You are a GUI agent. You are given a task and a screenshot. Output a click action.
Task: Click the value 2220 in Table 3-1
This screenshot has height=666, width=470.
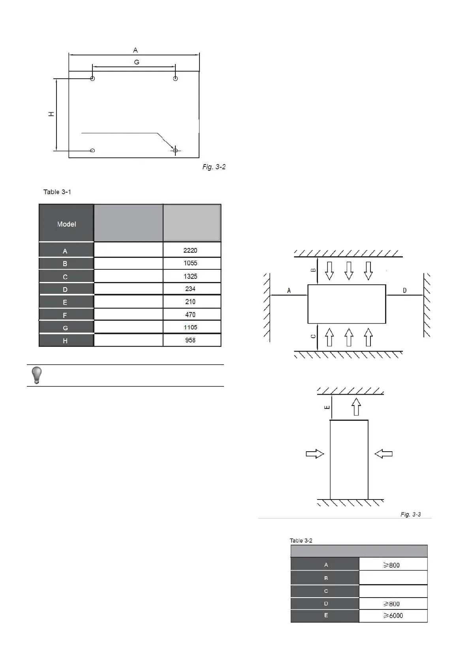[190, 250]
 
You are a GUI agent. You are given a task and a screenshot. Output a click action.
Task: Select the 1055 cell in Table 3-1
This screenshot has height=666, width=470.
[190, 263]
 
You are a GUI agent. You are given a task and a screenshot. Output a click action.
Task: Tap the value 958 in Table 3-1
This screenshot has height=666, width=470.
[190, 340]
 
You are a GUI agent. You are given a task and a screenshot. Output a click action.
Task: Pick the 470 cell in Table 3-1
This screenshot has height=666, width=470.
[190, 314]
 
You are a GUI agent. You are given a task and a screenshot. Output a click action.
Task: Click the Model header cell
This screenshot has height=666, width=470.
[66, 224]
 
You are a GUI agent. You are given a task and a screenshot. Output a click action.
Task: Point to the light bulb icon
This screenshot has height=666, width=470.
[36, 375]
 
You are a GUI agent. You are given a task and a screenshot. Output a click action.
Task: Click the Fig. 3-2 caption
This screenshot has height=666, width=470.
[214, 167]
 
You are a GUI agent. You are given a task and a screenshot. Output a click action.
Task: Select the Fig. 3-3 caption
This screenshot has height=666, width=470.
[410, 514]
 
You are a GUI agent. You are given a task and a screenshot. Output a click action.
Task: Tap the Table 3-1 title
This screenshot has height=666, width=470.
[57, 192]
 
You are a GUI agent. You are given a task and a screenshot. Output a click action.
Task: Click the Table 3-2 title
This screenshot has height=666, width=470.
[301, 540]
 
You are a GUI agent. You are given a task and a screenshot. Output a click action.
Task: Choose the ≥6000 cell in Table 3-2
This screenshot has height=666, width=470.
[393, 615]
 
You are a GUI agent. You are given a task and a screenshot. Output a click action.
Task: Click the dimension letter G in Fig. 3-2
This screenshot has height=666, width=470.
[137, 62]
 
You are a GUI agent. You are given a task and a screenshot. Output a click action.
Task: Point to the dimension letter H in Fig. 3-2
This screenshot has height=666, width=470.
[51, 114]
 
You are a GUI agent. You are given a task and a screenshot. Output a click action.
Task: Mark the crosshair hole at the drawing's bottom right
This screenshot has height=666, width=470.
[175, 150]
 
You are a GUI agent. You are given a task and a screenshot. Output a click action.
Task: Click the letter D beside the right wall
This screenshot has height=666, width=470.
[404, 291]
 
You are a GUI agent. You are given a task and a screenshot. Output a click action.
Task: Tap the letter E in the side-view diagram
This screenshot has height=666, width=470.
[327, 407]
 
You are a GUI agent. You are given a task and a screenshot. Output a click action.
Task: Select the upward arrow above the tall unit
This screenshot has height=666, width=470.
[356, 407]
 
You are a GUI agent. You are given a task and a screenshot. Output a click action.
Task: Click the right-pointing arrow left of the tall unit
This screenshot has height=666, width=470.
[315, 454]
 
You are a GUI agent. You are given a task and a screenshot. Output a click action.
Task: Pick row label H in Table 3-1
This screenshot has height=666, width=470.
[65, 341]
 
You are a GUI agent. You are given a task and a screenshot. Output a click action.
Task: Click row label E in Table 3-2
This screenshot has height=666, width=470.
[326, 615]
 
